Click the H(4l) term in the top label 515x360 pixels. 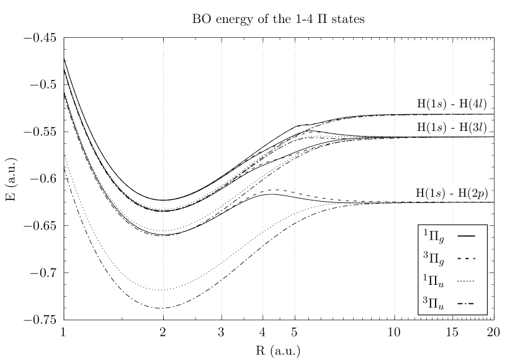(473, 104)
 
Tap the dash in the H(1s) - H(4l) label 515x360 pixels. (452, 105)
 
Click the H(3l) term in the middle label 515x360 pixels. (473, 127)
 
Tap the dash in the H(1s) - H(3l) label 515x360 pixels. (452, 128)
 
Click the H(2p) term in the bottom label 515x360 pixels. (473, 194)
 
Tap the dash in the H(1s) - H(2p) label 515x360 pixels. (452, 194)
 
